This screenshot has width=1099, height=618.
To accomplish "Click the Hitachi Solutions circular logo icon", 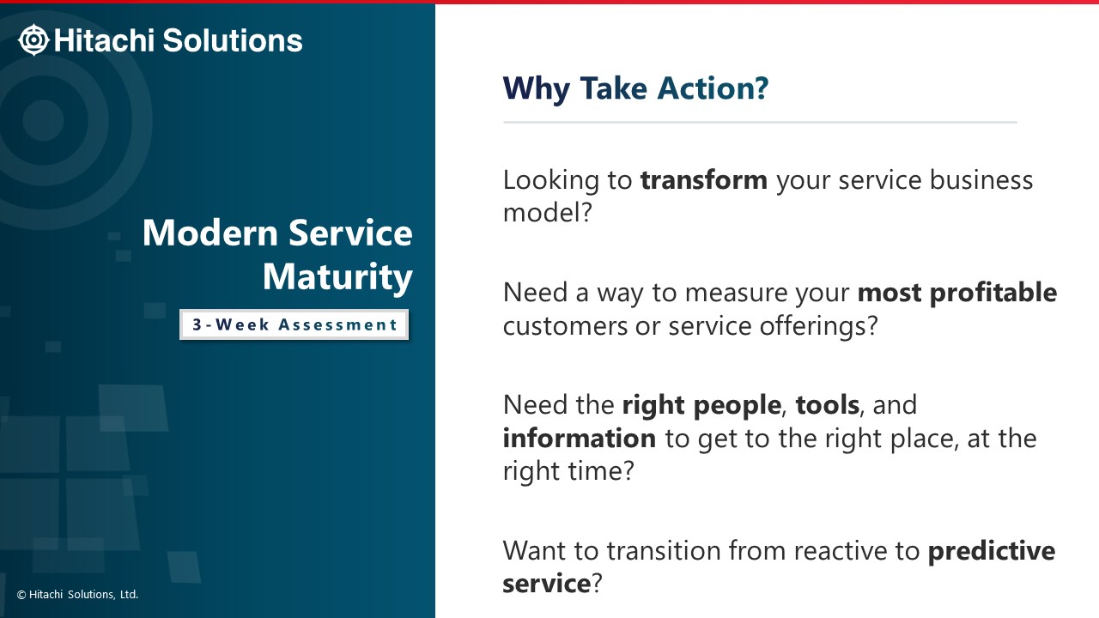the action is [x=33, y=39].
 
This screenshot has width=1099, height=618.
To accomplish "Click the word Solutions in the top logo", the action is [x=233, y=40].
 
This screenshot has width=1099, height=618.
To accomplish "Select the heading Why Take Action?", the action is [x=635, y=88].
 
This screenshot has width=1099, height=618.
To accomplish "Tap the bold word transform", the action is [x=703, y=179].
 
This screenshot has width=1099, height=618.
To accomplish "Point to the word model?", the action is [x=548, y=212].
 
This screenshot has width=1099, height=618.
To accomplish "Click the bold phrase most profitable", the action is [x=956, y=293].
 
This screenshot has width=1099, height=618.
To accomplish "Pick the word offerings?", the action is [x=818, y=325].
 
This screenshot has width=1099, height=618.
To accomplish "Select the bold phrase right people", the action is [x=701, y=406].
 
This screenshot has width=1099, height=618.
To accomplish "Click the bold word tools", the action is [x=827, y=404].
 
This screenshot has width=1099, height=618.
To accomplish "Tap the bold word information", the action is [x=580, y=438].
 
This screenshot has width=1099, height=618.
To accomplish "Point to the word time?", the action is [x=601, y=470].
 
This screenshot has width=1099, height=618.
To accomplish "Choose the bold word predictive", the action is [x=991, y=551].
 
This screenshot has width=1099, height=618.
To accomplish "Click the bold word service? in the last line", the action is [x=552, y=584].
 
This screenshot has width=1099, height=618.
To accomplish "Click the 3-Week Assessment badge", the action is [x=294, y=324].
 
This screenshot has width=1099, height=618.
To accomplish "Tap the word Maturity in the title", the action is [x=337, y=277].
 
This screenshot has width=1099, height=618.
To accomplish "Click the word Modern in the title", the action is [x=210, y=233].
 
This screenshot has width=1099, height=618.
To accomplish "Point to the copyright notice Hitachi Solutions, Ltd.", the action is [x=77, y=595].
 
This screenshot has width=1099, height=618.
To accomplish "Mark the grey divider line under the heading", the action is [x=760, y=122].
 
